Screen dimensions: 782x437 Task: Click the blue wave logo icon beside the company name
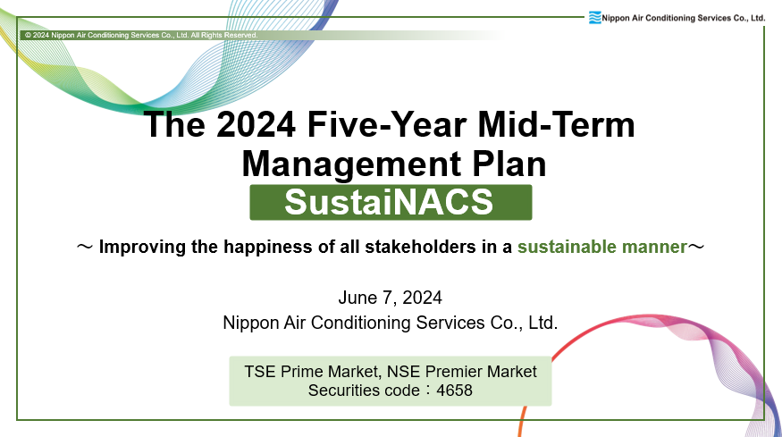click(x=594, y=18)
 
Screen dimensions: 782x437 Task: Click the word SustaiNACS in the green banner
click(x=389, y=202)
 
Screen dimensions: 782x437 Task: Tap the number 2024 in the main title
click(x=256, y=124)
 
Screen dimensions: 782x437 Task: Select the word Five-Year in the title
click(x=387, y=124)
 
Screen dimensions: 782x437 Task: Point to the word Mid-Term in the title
click(x=557, y=124)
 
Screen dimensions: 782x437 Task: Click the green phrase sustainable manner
click(x=602, y=247)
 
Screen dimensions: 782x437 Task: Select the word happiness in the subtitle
click(x=267, y=248)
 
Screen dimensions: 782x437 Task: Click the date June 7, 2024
click(x=390, y=298)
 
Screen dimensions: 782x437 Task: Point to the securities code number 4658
click(x=454, y=391)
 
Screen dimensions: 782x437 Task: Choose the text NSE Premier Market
click(x=462, y=372)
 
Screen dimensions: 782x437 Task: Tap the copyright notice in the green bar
click(x=141, y=36)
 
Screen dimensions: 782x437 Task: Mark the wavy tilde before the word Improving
click(x=85, y=247)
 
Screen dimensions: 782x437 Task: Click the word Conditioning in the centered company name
click(x=362, y=323)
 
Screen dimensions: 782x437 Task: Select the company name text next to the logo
click(x=684, y=18)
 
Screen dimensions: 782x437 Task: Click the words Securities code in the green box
click(x=364, y=391)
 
